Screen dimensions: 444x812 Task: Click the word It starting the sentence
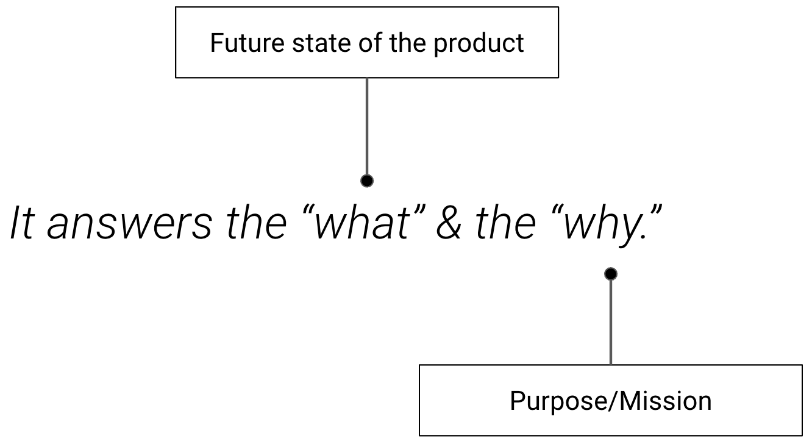coord(23,223)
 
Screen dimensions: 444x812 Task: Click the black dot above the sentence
coord(367,181)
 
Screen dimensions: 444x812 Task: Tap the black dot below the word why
coord(610,274)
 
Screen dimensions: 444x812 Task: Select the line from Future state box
coord(367,128)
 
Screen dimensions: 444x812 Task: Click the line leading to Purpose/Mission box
coord(610,320)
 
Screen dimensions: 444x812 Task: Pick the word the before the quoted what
coord(255,223)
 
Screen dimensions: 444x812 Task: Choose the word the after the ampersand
coord(505,223)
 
